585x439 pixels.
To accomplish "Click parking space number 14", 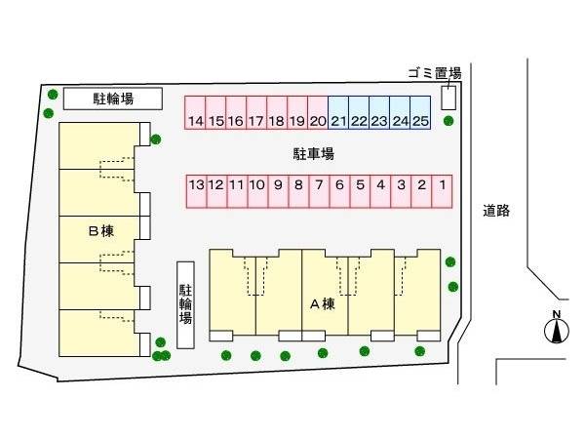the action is (x=195, y=113).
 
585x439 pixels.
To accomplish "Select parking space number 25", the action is (x=420, y=113).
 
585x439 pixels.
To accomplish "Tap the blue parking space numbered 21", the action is (x=338, y=113).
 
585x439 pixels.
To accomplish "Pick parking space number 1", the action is (x=442, y=191).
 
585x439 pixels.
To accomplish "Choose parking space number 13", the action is (x=197, y=191).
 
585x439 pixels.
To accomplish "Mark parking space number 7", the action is (x=320, y=191).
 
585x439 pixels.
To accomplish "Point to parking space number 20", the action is (x=318, y=113).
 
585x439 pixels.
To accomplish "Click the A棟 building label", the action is (x=323, y=304).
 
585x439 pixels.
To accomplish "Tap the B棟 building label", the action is (x=101, y=231).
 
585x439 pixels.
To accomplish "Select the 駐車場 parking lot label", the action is (x=313, y=154).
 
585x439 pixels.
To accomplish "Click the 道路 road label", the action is (x=496, y=211).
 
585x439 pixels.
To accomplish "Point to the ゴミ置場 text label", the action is (x=435, y=73).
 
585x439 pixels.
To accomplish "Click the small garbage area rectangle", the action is (x=448, y=98).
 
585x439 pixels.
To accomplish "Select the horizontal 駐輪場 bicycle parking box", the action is (x=113, y=99).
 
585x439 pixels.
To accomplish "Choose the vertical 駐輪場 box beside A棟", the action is (x=185, y=305).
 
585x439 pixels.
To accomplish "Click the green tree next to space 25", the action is (x=448, y=121).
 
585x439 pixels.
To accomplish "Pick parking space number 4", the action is (x=380, y=191).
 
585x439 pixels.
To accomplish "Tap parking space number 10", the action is (x=257, y=191).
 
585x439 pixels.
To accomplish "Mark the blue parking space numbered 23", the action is (x=379, y=113).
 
